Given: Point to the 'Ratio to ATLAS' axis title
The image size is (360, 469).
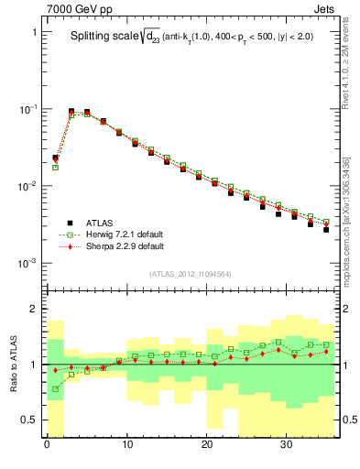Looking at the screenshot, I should [x=11, y=364].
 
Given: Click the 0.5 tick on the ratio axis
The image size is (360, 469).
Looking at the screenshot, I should [x=28, y=420].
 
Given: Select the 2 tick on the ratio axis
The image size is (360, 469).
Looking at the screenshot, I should [x=33, y=309].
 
